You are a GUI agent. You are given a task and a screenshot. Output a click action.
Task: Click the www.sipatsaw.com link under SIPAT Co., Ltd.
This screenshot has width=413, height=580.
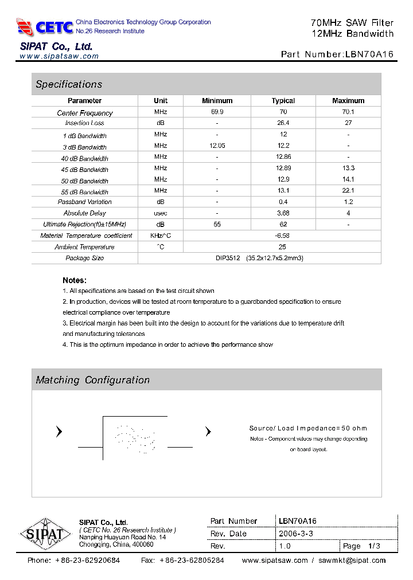59,56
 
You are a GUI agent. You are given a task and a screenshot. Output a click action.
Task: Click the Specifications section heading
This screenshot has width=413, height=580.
69,84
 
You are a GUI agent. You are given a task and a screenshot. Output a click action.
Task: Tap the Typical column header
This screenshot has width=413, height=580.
283,101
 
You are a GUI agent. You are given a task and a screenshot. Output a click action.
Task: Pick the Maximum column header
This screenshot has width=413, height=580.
348,101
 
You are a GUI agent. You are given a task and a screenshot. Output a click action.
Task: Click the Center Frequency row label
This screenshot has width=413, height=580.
85,113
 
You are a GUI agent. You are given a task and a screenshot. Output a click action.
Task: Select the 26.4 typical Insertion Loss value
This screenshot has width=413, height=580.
283,123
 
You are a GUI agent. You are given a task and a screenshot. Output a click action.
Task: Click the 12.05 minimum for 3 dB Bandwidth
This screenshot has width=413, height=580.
217,146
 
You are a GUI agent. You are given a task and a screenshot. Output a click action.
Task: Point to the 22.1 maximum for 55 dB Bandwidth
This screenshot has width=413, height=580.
348,191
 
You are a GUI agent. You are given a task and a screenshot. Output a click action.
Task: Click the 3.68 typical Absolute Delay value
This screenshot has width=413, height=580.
283,213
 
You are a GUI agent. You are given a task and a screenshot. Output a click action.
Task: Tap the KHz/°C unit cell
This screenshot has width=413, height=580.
161,236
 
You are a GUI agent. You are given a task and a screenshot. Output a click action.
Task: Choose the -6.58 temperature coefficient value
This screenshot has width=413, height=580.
283,236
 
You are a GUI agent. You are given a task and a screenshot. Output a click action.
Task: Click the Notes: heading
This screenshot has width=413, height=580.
75,280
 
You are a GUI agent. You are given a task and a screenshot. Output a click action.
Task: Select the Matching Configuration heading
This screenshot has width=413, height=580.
92,380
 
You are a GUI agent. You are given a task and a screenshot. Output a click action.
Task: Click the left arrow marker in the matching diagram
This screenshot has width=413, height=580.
59,432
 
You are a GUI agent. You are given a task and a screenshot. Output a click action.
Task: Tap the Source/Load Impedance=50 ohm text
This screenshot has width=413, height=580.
308,428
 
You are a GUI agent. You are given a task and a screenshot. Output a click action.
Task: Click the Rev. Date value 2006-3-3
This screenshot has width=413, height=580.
295,534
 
